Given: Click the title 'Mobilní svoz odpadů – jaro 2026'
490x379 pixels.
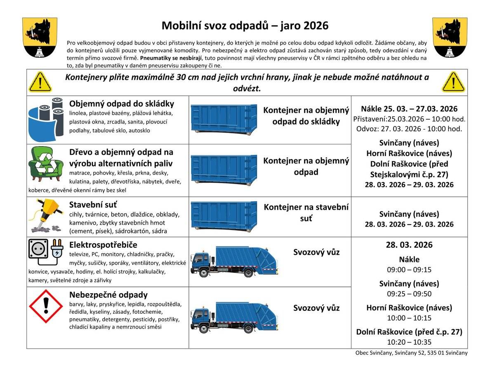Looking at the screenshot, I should (245, 26).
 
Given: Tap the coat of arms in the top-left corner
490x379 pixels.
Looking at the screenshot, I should (40, 37).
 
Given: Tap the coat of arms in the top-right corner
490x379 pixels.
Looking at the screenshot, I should (450, 37).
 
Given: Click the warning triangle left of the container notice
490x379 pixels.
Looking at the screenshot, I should (40, 82).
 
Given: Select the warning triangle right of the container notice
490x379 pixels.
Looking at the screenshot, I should (453, 82).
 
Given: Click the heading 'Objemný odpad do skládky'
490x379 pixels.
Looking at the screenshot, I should (122, 104).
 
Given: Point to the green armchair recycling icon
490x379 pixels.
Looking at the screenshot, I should (46, 164).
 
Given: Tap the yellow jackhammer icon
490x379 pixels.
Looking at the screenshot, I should (47, 215).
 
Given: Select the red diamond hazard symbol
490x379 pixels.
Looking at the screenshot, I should (46, 306).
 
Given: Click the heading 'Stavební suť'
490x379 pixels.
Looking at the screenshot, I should (93, 205).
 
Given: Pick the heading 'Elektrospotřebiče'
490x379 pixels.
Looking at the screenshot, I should (103, 245).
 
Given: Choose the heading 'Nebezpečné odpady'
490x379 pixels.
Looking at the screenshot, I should (108, 295).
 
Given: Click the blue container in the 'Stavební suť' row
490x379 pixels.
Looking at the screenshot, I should (224, 216).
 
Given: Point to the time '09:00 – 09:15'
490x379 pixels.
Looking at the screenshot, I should (409, 270).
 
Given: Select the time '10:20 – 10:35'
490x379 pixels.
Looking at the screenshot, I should (409, 342).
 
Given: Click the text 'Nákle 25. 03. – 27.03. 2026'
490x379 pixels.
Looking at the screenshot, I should (409, 109).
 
